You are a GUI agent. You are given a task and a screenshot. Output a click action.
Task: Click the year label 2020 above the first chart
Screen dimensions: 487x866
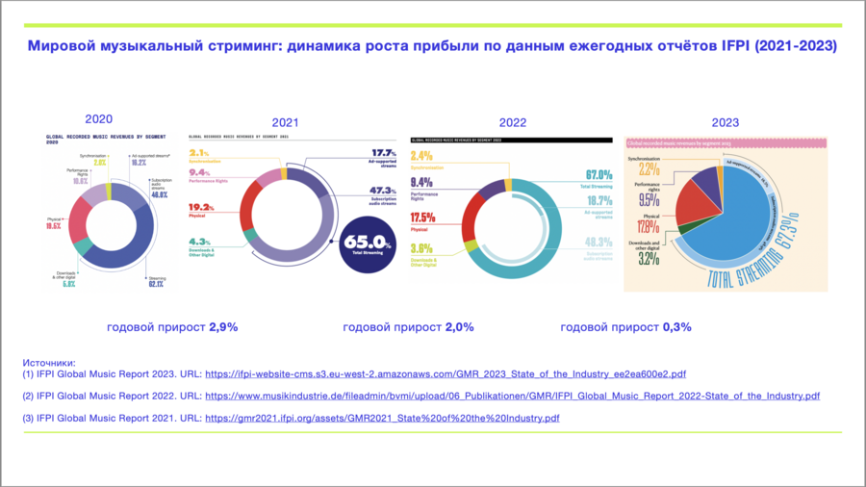[x=98, y=119]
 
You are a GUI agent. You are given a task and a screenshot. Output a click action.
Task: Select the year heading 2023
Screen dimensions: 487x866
[x=725, y=122]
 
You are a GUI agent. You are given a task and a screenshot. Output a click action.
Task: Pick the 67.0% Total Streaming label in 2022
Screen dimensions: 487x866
[x=597, y=174]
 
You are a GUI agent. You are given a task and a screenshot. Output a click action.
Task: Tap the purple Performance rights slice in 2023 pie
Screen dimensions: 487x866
[x=706, y=180]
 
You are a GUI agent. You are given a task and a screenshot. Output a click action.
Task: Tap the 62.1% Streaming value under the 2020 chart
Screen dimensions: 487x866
[x=156, y=284]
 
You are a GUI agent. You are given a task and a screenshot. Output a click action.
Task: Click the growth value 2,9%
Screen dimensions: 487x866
[x=222, y=327]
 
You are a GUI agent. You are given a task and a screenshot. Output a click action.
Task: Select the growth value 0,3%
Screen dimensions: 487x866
[x=676, y=327]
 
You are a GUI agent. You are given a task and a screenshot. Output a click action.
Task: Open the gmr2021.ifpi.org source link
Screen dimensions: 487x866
[x=381, y=419]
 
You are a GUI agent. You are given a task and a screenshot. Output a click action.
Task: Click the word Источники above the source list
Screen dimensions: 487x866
[x=49, y=361]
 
